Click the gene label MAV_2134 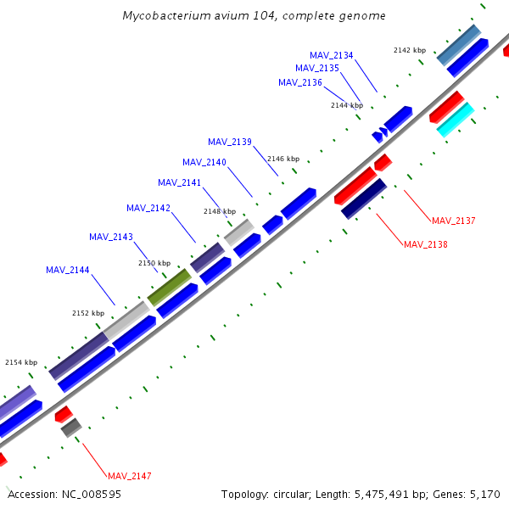click(x=332, y=55)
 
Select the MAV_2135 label click(x=317, y=68)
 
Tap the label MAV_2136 click(x=300, y=82)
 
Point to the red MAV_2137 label click(x=454, y=221)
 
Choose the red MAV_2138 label click(x=426, y=244)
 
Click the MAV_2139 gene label click(x=230, y=142)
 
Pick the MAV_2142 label click(x=148, y=208)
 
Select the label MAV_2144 click(x=68, y=270)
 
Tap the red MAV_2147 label click(x=130, y=476)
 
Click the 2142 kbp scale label click(x=410, y=50)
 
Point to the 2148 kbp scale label click(x=220, y=211)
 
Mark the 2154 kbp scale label click(x=21, y=362)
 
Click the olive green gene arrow click(x=170, y=287)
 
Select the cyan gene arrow click(x=455, y=119)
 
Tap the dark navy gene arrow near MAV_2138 click(x=364, y=198)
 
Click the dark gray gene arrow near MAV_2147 click(x=70, y=427)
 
